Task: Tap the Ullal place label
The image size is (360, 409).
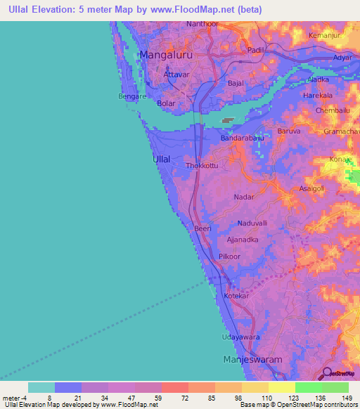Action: click(x=161, y=160)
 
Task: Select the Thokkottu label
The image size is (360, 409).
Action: click(x=202, y=166)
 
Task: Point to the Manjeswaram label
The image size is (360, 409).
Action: click(x=252, y=359)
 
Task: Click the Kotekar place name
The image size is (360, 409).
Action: click(x=236, y=297)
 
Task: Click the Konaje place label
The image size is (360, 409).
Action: click(x=340, y=160)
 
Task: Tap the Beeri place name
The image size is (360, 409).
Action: click(x=202, y=228)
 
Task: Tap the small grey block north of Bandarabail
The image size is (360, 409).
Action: click(x=227, y=120)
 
